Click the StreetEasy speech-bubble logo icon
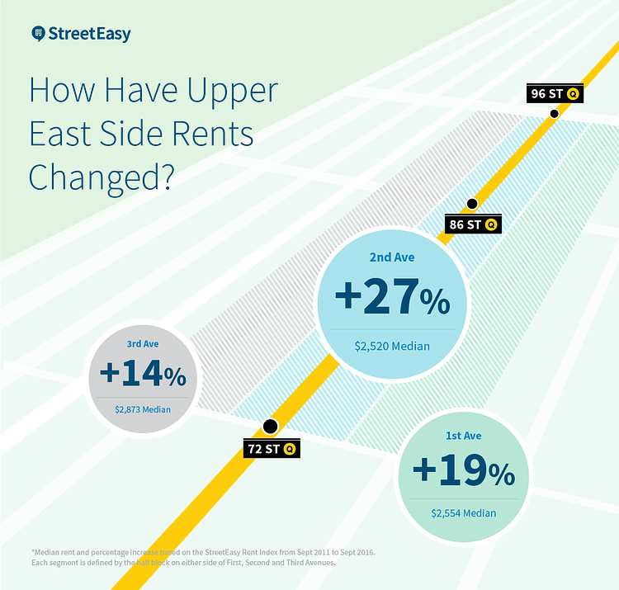click(x=37, y=34)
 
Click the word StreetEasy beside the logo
click(x=89, y=35)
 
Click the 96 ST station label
click(x=546, y=93)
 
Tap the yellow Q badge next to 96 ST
click(x=572, y=94)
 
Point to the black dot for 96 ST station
click(x=555, y=113)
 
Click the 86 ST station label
click(x=462, y=224)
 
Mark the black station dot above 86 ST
click(x=472, y=203)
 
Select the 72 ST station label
click(x=263, y=449)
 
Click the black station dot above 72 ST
click(x=270, y=427)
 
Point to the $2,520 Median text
click(x=392, y=347)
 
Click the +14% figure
click(x=143, y=373)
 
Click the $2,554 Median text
click(x=463, y=513)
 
